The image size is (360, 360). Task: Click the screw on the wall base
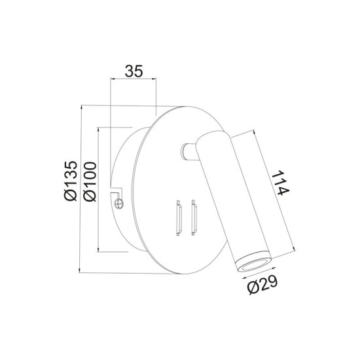coord(119,204)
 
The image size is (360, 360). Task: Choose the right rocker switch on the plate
coord(193,218)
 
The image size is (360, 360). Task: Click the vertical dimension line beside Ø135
coord(79,186)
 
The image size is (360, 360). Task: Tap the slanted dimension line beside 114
coord(266,190)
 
